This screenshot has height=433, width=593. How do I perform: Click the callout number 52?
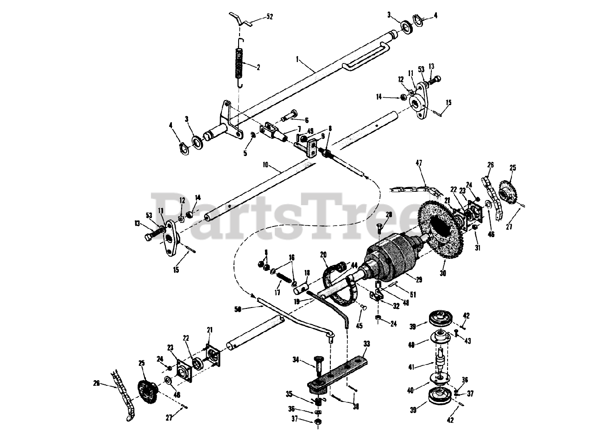pos(270,17)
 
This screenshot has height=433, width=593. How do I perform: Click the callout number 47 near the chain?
pos(419,163)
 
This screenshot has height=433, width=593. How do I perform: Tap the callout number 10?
pos(265,164)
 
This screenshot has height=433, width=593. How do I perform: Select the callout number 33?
pos(367,344)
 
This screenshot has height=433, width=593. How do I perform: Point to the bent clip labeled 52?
pos(241,20)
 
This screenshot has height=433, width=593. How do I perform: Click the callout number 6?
pos(306,119)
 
